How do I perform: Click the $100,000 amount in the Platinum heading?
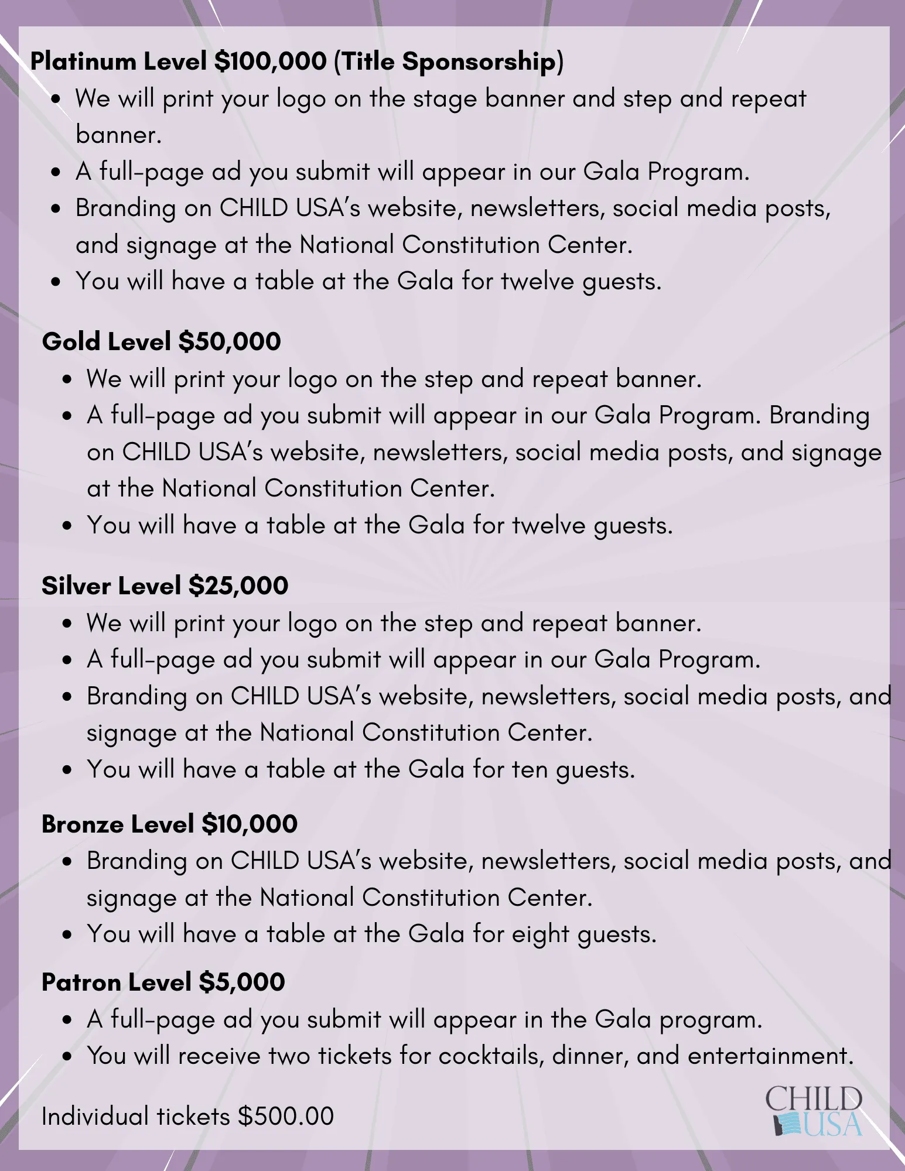270,61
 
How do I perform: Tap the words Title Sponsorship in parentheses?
448,61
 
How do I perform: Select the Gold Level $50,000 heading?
161,342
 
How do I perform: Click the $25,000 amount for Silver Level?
238,586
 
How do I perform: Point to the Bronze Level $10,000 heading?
169,824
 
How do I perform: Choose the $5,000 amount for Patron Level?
241,982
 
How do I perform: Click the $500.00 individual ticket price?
286,1117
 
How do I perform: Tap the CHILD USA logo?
814,1111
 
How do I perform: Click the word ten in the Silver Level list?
530,769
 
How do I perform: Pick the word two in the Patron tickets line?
289,1056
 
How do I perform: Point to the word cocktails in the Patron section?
491,1056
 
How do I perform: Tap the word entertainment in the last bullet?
770,1056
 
